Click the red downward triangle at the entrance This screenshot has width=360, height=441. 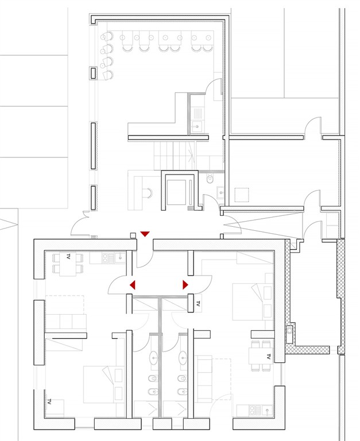[x=145, y=234]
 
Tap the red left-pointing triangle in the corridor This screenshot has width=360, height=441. [x=133, y=285]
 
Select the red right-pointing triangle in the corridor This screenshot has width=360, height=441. [x=185, y=285]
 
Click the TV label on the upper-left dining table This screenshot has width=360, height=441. [x=68, y=256]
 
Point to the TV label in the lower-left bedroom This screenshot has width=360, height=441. [x=49, y=401]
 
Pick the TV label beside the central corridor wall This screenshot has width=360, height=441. [x=198, y=303]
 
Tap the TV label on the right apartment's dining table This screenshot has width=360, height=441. [x=268, y=357]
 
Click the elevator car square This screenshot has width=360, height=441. [x=176, y=192]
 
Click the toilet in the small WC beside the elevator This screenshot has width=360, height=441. [x=210, y=178]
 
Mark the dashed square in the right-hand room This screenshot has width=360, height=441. [x=242, y=195]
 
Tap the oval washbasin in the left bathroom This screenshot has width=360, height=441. [x=154, y=357]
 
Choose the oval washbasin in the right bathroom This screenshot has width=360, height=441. [x=183, y=357]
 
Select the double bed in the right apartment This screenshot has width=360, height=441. [x=253, y=301]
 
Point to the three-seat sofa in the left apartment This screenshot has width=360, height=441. [x=66, y=321]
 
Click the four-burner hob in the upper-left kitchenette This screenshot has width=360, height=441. [x=105, y=258]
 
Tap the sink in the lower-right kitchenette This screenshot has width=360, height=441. [x=266, y=411]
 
